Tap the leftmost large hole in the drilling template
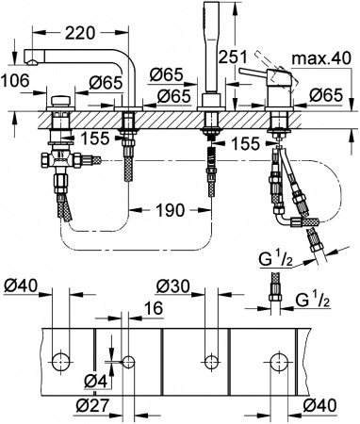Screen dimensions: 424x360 pos(63,360)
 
